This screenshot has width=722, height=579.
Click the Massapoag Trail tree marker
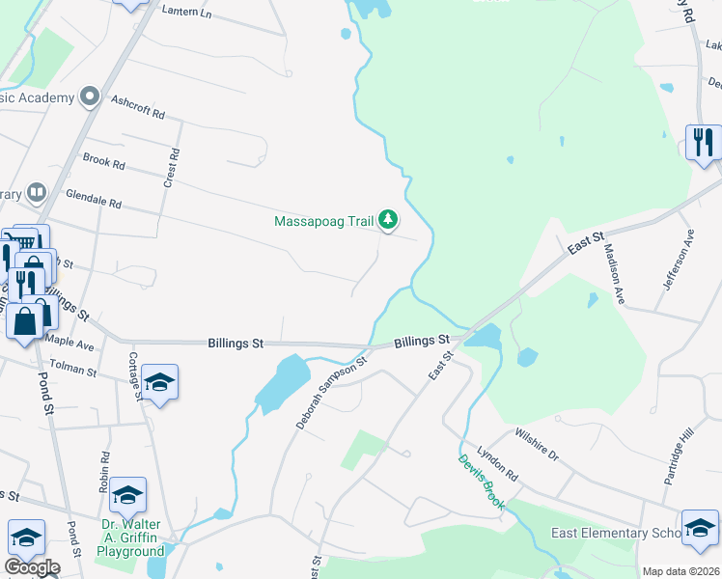click(387, 221)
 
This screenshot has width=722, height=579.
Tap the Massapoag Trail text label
click(323, 221)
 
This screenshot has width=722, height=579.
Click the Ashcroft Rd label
click(138, 106)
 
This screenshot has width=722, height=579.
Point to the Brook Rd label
click(104, 163)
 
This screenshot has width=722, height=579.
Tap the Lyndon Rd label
click(497, 465)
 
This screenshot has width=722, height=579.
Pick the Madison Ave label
click(615, 273)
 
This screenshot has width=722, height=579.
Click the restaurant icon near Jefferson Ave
click(702, 143)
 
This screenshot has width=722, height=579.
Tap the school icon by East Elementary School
click(700, 527)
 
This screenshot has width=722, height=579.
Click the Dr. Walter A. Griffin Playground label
click(132, 538)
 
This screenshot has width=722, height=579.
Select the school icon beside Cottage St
click(160, 383)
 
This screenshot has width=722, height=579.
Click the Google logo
click(31, 567)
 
